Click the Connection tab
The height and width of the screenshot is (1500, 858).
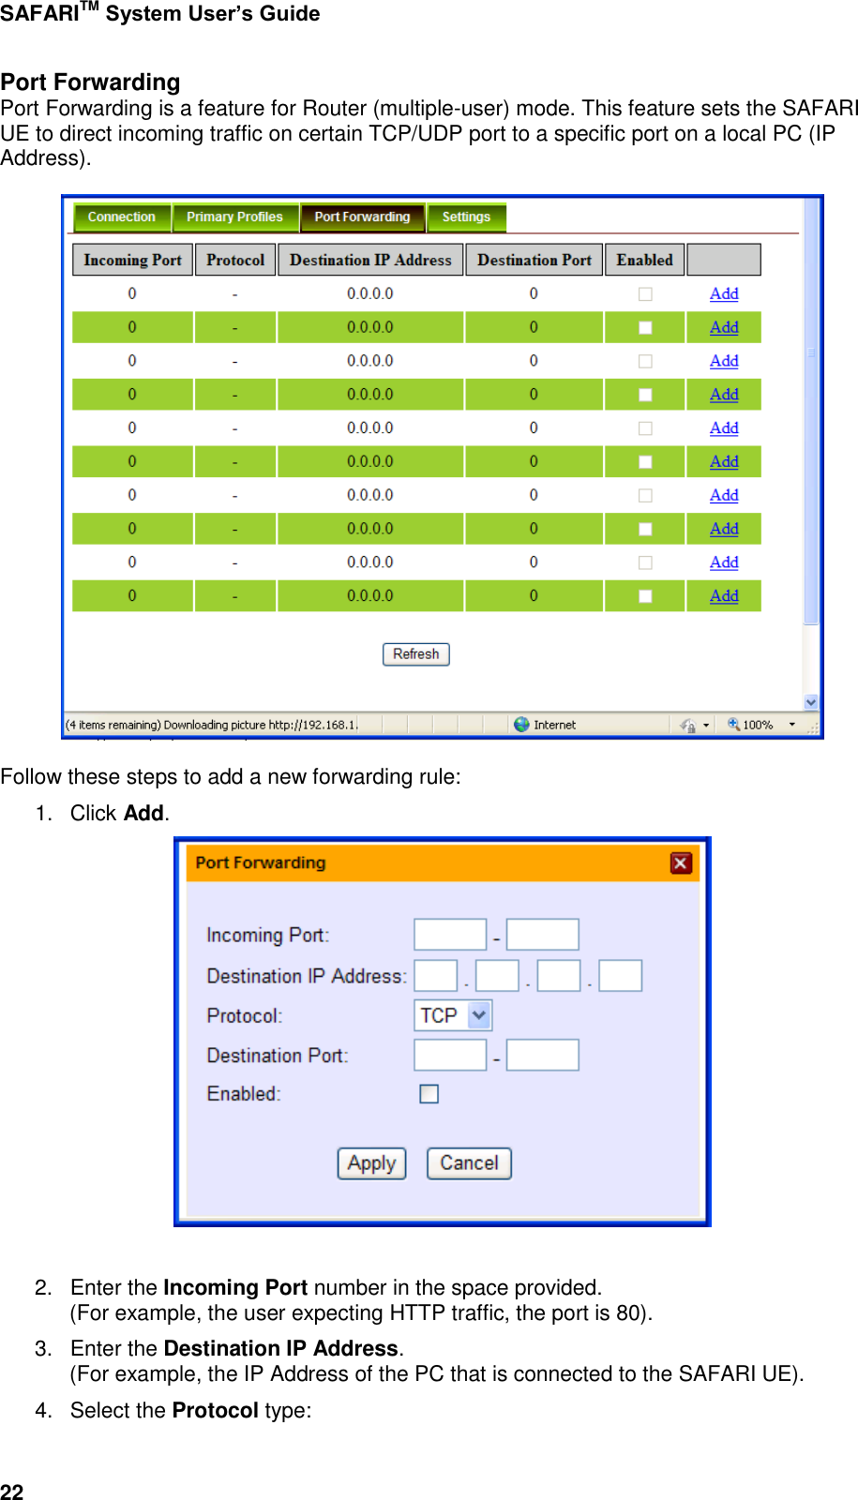tap(122, 217)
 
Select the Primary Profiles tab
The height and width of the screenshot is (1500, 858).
tap(234, 217)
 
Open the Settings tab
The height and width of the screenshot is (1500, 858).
tap(466, 217)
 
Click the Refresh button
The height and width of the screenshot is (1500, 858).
tap(415, 654)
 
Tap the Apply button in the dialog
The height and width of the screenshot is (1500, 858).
tap(371, 1163)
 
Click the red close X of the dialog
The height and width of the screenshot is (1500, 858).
tap(682, 863)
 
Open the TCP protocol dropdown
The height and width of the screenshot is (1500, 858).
tap(479, 1015)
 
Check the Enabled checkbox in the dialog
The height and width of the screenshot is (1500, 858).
tap(429, 1094)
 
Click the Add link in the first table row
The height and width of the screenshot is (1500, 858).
tap(724, 293)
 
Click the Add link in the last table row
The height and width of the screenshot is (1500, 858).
tap(724, 595)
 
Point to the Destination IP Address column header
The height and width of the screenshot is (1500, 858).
tap(370, 260)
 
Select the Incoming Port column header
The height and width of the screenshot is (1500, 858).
tap(132, 260)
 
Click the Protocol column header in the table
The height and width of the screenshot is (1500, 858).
tap(235, 260)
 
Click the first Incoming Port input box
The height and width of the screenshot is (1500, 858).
tap(450, 935)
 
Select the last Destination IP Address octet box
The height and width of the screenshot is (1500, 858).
tap(620, 976)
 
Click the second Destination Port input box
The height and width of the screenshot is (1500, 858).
tap(542, 1055)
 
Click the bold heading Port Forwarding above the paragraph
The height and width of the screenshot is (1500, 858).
tap(90, 82)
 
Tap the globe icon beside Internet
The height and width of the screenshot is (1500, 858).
tap(521, 725)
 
